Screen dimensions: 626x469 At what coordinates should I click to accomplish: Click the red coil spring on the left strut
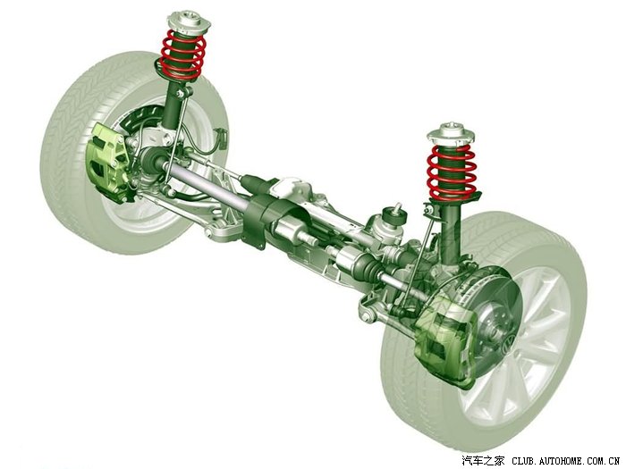point(182,54)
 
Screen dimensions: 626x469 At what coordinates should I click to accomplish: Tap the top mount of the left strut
point(190,22)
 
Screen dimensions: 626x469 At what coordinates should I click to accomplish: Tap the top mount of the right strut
point(451,133)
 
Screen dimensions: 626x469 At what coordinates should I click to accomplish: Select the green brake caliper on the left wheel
point(106,163)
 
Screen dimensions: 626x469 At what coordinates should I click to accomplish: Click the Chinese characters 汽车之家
point(483,461)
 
